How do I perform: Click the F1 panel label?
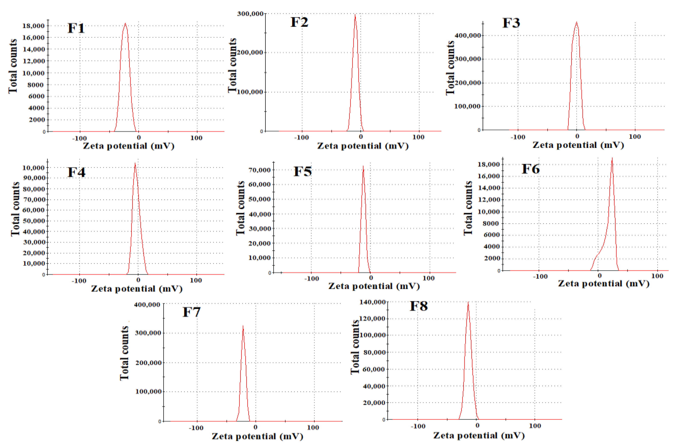click(76, 28)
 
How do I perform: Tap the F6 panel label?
click(531, 169)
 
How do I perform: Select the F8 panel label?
click(419, 306)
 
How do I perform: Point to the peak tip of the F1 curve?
click(125, 23)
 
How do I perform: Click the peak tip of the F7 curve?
click(243, 326)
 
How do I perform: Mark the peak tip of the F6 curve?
click(612, 158)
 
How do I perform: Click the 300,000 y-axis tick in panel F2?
click(250, 14)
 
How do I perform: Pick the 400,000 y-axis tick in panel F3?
click(467, 35)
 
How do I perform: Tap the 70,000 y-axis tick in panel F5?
click(259, 170)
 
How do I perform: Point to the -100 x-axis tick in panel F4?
click(79, 281)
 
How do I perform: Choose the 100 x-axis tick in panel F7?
click(313, 428)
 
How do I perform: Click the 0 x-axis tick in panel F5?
click(371, 278)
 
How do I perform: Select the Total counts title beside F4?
click(15, 209)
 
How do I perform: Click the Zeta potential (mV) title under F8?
click(479, 435)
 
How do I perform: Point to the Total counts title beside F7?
click(124, 353)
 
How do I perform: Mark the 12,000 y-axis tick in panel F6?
click(489, 200)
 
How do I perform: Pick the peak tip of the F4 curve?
click(135, 163)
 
